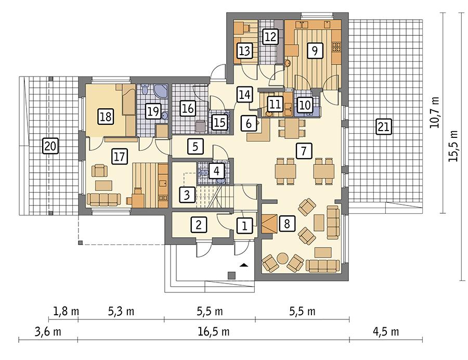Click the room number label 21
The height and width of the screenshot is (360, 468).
383,126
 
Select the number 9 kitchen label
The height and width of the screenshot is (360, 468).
314,50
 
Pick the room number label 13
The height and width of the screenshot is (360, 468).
244,50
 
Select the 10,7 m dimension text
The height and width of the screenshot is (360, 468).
436,112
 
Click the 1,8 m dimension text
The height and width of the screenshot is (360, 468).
66,312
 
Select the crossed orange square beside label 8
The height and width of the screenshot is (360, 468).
270,224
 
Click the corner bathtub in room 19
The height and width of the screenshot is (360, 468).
161,92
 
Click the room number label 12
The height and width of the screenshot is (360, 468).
270,36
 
